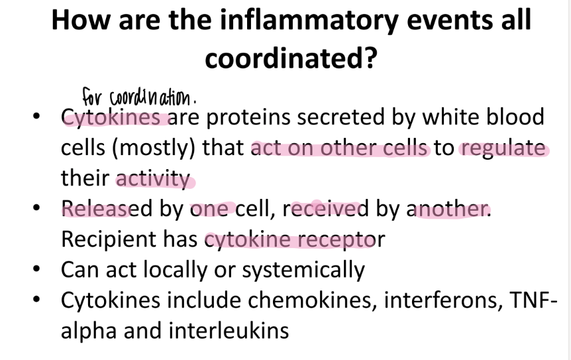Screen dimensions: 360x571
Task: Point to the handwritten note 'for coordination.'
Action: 139,97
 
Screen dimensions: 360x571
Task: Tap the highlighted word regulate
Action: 503,148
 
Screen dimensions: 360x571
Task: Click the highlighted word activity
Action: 153,178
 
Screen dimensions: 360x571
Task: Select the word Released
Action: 105,209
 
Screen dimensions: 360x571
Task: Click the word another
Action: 452,209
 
